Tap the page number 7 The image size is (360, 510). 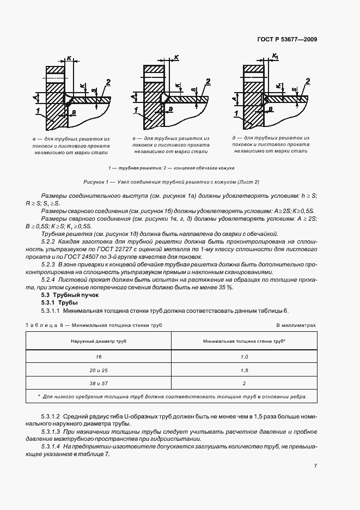pos(315,465)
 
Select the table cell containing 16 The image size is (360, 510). pos(99,356)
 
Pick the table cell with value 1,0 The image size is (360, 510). pos(244,356)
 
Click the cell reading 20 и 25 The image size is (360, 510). pos(99,370)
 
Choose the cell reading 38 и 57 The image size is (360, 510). pos(99,383)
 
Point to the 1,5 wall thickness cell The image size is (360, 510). pos(244,370)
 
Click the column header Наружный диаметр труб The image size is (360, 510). pos(99,341)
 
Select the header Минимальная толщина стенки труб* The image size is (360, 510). pos(244,341)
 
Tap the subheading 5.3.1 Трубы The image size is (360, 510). pos(59,302)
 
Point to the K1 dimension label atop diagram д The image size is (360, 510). pos(275,56)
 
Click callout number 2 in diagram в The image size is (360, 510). pos(108,82)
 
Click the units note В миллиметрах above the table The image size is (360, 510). pos(296,325)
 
